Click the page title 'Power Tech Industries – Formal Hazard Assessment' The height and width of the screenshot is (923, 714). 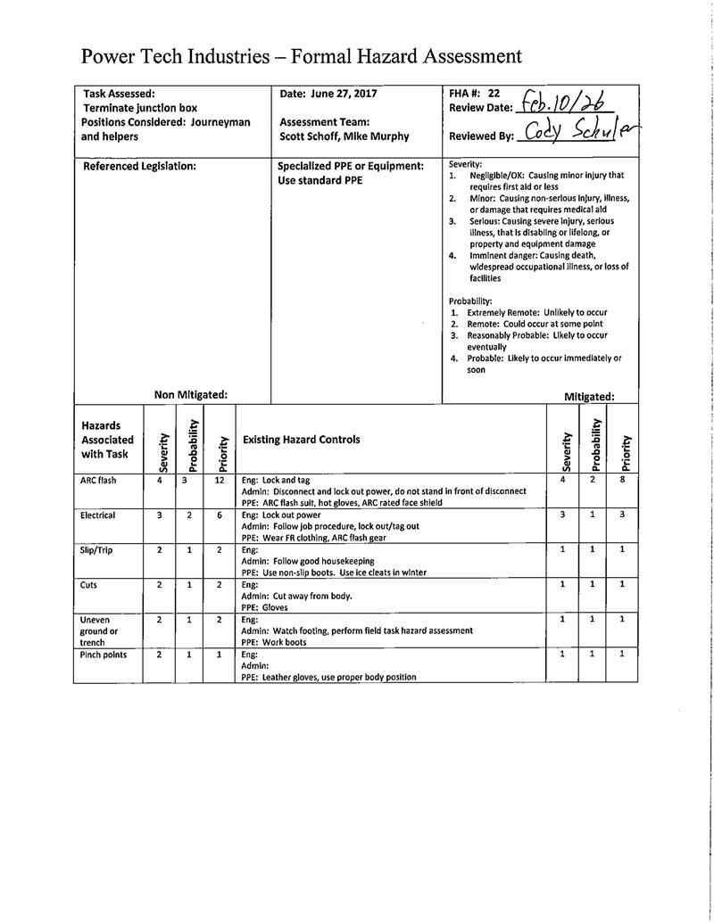tap(301, 57)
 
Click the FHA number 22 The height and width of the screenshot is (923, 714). tap(494, 92)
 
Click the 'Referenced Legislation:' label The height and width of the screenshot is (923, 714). tap(139, 166)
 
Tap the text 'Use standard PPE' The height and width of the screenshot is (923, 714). tap(320, 180)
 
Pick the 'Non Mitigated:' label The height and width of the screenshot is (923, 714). tap(190, 393)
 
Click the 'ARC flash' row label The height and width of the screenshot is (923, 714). tap(98, 481)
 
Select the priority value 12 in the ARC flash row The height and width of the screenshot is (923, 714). tap(219, 481)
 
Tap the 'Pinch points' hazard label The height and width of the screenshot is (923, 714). tap(104, 655)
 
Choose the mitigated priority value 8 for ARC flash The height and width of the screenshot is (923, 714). tap(622, 481)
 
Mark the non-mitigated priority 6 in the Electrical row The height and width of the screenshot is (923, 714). tap(219, 515)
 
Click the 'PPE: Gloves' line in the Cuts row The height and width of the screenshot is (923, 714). tap(265, 607)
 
